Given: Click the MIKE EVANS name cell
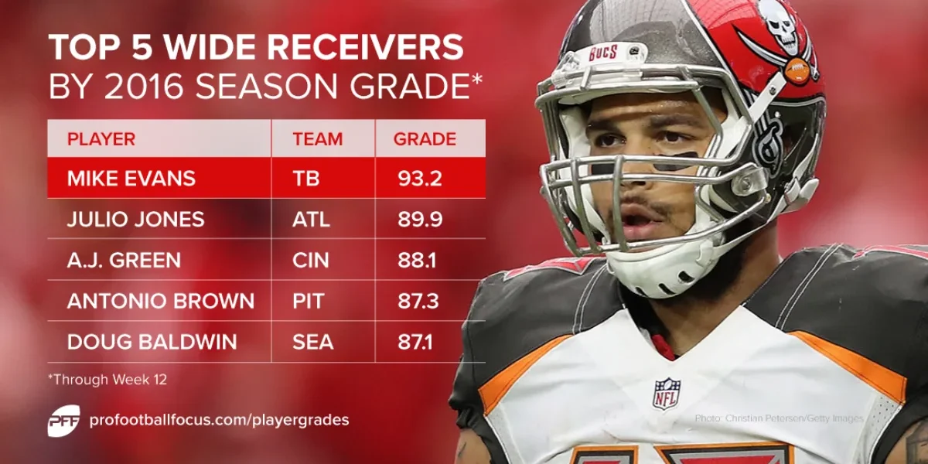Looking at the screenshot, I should coord(131,179).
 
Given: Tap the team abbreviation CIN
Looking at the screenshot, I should coord(311,261).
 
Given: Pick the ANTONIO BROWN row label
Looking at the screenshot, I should coord(160,302).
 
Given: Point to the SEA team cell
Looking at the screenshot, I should coord(312,342).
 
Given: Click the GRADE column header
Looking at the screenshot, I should coord(425,139).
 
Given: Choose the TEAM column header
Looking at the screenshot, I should coord(317,139).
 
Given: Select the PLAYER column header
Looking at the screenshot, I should coord(101,139).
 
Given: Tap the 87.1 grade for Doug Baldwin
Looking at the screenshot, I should coord(418,342).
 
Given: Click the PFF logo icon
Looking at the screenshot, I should coord(63,420).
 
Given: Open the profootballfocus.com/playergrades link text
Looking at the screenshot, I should coord(219,420).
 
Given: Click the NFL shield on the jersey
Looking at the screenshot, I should coord(666,393).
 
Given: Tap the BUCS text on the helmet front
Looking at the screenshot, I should coord(603,53).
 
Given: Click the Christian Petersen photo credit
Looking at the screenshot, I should coord(779,418).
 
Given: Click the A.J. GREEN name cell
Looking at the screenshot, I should coord(124,261).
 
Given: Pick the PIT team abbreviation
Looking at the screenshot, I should coord(309,302).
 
